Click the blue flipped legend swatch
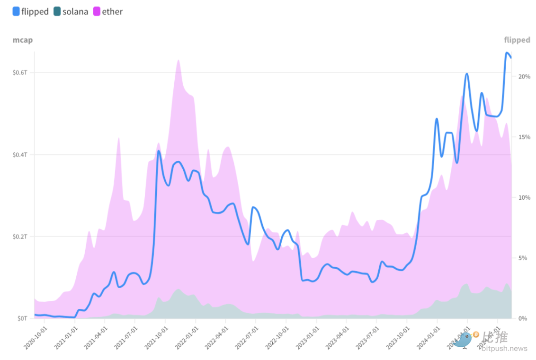[16, 11]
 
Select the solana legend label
[75, 11]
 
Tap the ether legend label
[112, 11]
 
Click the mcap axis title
[22, 40]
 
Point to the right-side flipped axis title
[517, 40]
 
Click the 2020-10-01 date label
[35, 337]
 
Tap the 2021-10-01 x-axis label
[156, 337]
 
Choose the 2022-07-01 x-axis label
[246, 337]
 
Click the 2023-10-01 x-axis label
[397, 337]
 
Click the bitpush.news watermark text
[506, 349]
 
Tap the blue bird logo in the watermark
[464, 340]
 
